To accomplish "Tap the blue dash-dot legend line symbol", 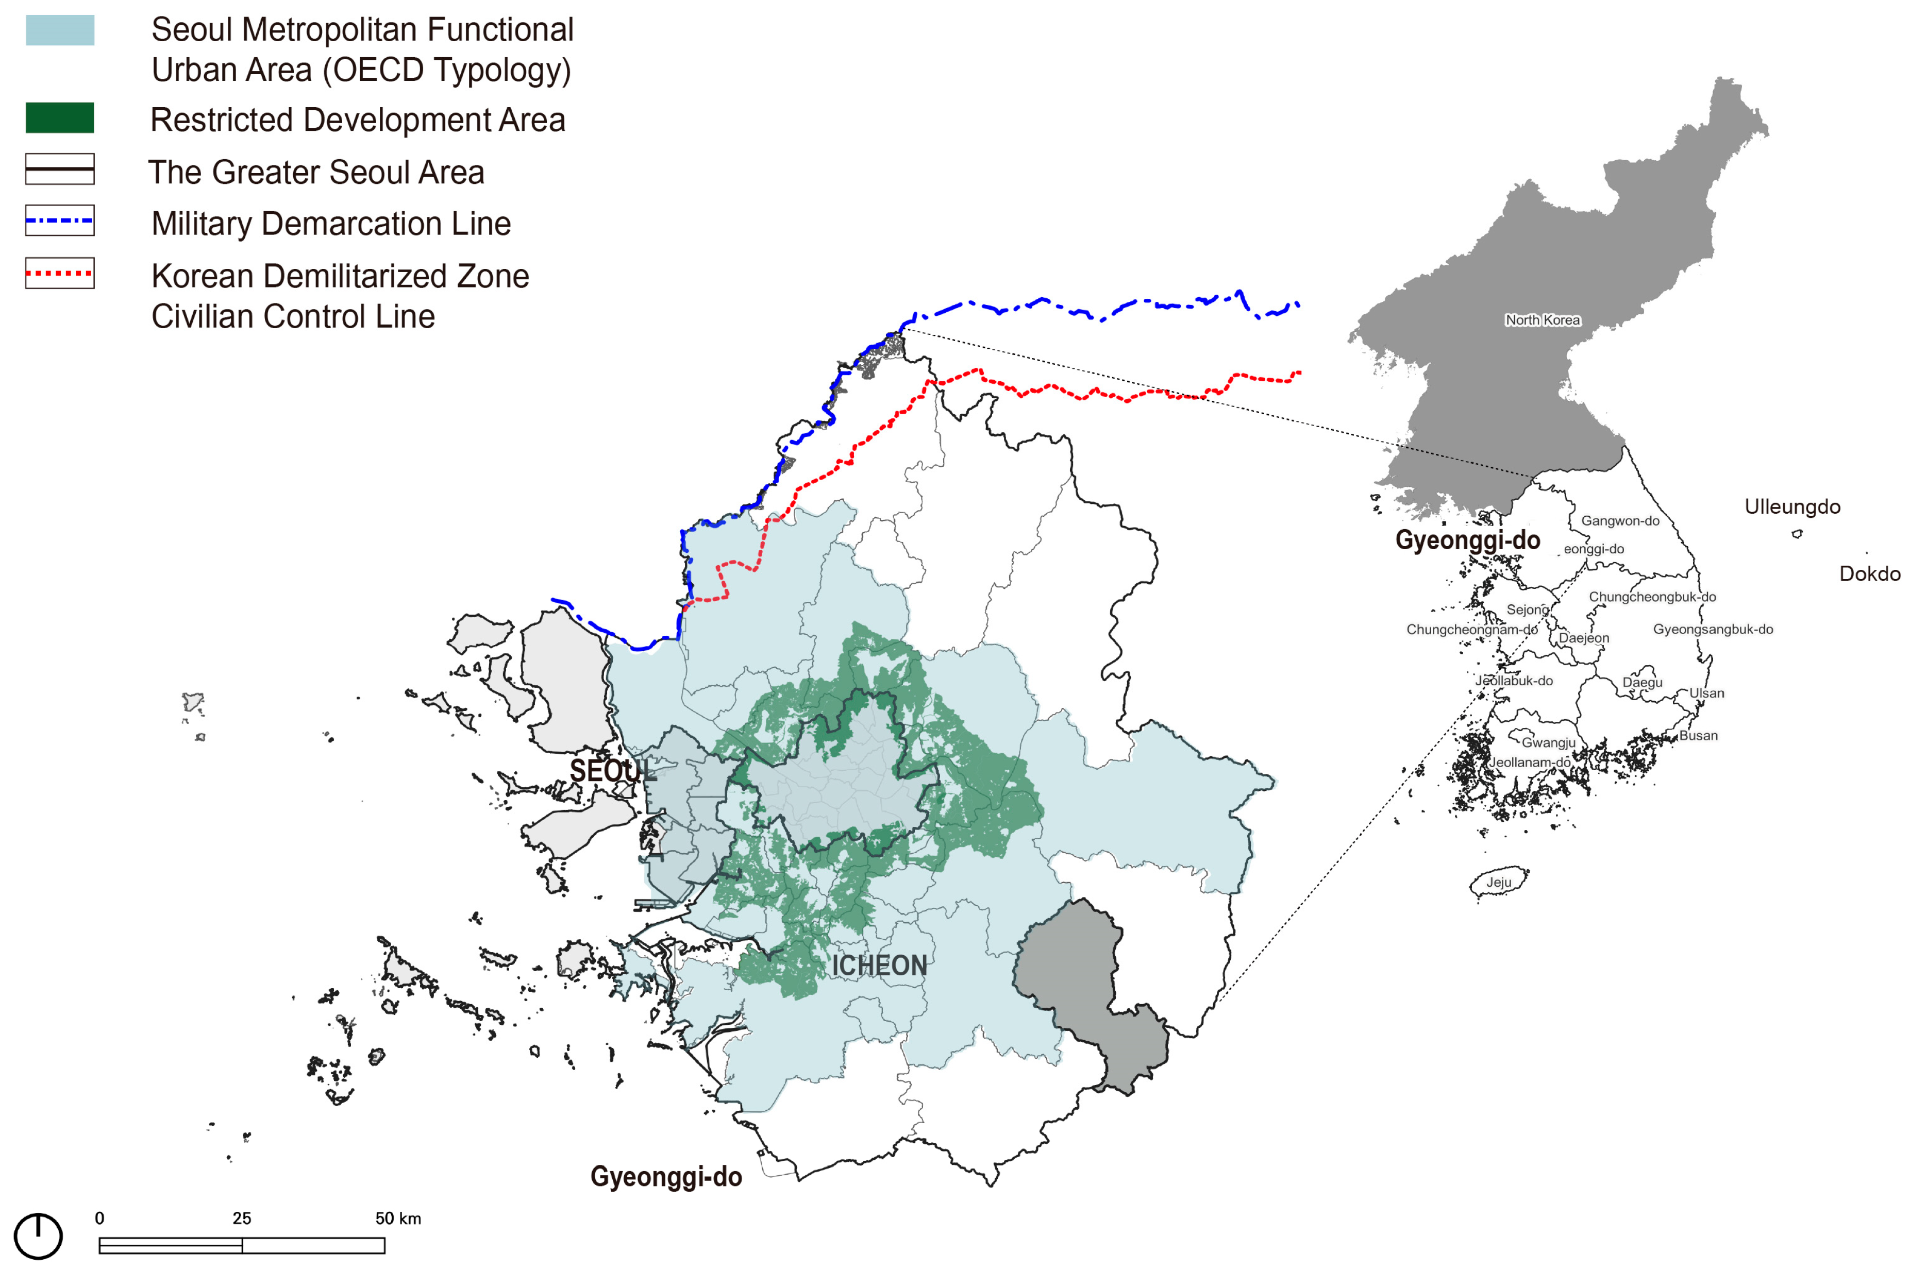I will pyautogui.click(x=60, y=221).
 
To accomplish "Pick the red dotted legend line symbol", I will pyautogui.click(x=60, y=273).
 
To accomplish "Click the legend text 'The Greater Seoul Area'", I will pyautogui.click(x=316, y=173).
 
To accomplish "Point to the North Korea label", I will pyautogui.click(x=1542, y=320).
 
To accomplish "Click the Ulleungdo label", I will pyautogui.click(x=1792, y=507).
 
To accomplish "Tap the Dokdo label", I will pyautogui.click(x=1869, y=574).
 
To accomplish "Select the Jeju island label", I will pyautogui.click(x=1498, y=882).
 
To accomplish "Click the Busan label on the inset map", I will pyautogui.click(x=1698, y=735).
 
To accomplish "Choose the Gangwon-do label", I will pyautogui.click(x=1620, y=521).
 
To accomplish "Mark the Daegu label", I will pyautogui.click(x=1642, y=682).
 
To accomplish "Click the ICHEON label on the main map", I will pyautogui.click(x=879, y=966).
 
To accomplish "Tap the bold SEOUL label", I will pyautogui.click(x=612, y=770).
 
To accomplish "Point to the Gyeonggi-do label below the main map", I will pyautogui.click(x=666, y=1176).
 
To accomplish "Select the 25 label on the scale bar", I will pyautogui.click(x=241, y=1218).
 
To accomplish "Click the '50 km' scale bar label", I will pyautogui.click(x=398, y=1218).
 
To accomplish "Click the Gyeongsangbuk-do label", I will pyautogui.click(x=1713, y=629).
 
